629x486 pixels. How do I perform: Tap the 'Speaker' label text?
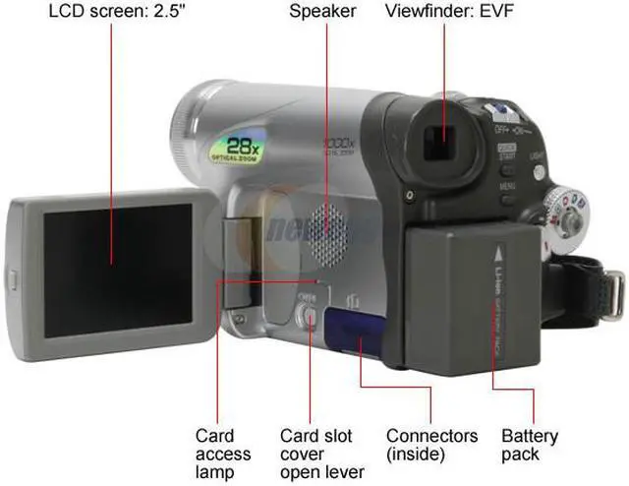pyautogui.click(x=323, y=13)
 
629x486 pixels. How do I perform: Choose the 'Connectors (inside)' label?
pyautogui.click(x=431, y=445)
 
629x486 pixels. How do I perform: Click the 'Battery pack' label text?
pyautogui.click(x=530, y=445)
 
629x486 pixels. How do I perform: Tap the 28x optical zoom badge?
pyautogui.click(x=236, y=148)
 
